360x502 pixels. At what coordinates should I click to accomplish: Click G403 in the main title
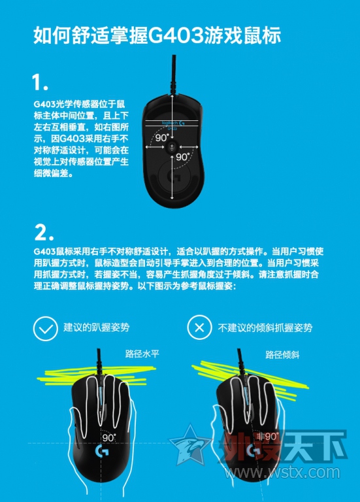[x=175, y=35]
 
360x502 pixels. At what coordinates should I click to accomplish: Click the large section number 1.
[x=40, y=82]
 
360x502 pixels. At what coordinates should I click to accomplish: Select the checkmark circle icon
[x=46, y=329]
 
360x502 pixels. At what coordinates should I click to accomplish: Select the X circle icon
[x=199, y=327]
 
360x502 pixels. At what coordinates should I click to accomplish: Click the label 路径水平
[x=142, y=354]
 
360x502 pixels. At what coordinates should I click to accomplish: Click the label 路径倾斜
[x=282, y=355]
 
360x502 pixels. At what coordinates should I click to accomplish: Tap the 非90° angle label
[x=267, y=436]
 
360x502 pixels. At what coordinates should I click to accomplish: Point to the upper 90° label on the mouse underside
[x=162, y=138]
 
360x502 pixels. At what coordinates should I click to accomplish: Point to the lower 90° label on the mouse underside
[x=183, y=157]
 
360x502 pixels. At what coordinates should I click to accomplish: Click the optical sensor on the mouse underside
[x=172, y=146]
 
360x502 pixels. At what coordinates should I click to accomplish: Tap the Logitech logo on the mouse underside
[x=172, y=123]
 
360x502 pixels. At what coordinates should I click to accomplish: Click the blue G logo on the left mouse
[x=102, y=452]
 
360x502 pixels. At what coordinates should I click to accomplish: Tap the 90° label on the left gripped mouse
[x=109, y=437]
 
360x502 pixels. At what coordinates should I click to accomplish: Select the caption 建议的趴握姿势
[x=96, y=327]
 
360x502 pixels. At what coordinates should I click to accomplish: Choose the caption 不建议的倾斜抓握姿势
[x=265, y=327]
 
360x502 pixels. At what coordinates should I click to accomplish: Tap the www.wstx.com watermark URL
[x=282, y=473]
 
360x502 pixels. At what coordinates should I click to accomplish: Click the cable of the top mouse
[x=173, y=74]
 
